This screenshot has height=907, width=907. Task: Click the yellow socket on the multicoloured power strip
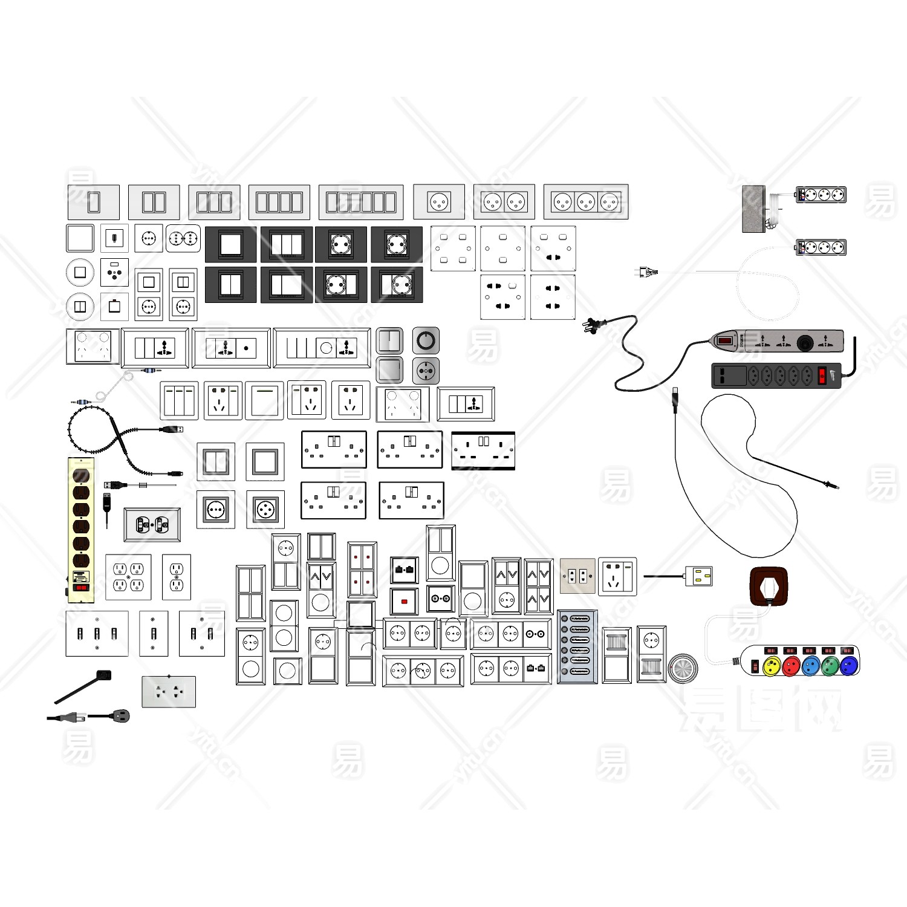[772, 666]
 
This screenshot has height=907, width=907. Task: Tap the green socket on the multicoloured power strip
[830, 666]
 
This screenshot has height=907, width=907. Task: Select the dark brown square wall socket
[768, 587]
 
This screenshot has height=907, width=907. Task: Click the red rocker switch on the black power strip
[822, 375]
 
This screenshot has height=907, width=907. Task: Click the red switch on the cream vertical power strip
[81, 587]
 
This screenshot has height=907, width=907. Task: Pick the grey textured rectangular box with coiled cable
[754, 209]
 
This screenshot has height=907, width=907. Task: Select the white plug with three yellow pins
[699, 576]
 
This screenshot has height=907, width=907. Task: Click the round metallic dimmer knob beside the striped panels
[683, 668]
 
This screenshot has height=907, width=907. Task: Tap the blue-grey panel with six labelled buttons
[577, 646]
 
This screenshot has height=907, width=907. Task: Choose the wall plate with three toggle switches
[97, 634]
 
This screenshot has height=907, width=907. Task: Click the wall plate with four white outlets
[128, 577]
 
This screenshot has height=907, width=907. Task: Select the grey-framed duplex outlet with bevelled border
[152, 525]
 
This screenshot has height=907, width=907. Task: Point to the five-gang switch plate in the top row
[361, 202]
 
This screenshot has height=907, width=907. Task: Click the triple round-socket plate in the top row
[586, 202]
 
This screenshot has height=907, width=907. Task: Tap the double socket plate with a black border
[483, 450]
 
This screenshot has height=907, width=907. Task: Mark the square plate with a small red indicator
[404, 602]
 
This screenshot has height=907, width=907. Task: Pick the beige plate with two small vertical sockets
[577, 576]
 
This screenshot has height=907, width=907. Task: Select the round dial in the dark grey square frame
[426, 341]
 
